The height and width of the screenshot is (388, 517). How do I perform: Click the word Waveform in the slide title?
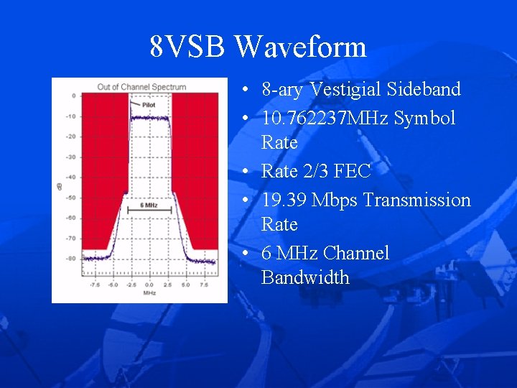(300, 47)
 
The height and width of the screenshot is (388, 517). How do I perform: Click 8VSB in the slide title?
(189, 47)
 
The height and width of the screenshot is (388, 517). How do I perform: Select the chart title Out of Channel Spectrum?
(141, 87)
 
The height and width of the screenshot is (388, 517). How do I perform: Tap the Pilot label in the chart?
(149, 105)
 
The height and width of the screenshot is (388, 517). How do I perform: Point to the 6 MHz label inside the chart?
(149, 205)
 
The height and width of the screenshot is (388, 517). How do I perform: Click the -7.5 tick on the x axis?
(93, 285)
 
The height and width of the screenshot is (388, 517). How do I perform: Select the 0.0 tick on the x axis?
(149, 285)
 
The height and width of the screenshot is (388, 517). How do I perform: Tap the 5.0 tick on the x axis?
(185, 285)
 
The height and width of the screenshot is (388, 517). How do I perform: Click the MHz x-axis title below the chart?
(149, 293)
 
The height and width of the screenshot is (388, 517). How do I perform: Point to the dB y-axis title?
(60, 188)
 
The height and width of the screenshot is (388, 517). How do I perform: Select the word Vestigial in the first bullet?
(347, 90)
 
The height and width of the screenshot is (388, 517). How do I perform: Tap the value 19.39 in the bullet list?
(283, 200)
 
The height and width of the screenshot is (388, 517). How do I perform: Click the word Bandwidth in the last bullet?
(305, 277)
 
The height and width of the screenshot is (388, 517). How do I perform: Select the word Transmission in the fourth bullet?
(417, 200)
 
